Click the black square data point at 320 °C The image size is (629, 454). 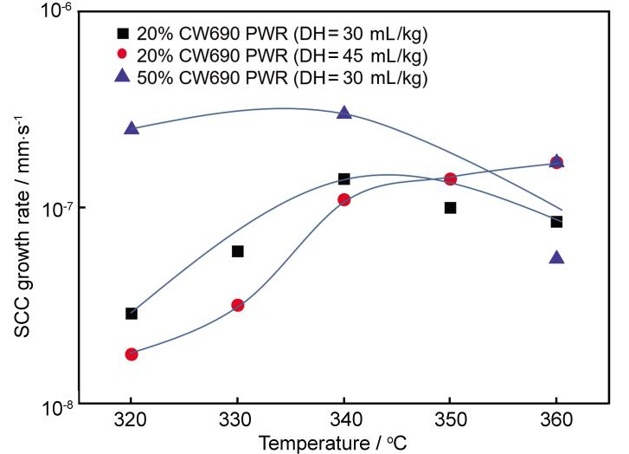tap(132, 314)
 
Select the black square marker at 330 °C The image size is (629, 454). tap(238, 251)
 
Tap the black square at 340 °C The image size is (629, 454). tap(343, 179)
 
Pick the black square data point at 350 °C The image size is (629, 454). tap(450, 208)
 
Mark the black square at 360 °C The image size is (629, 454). tap(556, 222)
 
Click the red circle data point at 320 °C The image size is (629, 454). tap(132, 354)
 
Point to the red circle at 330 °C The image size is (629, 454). tap(238, 305)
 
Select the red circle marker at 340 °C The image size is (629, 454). tap(343, 200)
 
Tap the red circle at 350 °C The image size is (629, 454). tap(450, 179)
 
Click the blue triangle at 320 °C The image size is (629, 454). tap(132, 128)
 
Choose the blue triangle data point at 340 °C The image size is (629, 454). tap(343, 113)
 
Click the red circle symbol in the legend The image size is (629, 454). tap(123, 55)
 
